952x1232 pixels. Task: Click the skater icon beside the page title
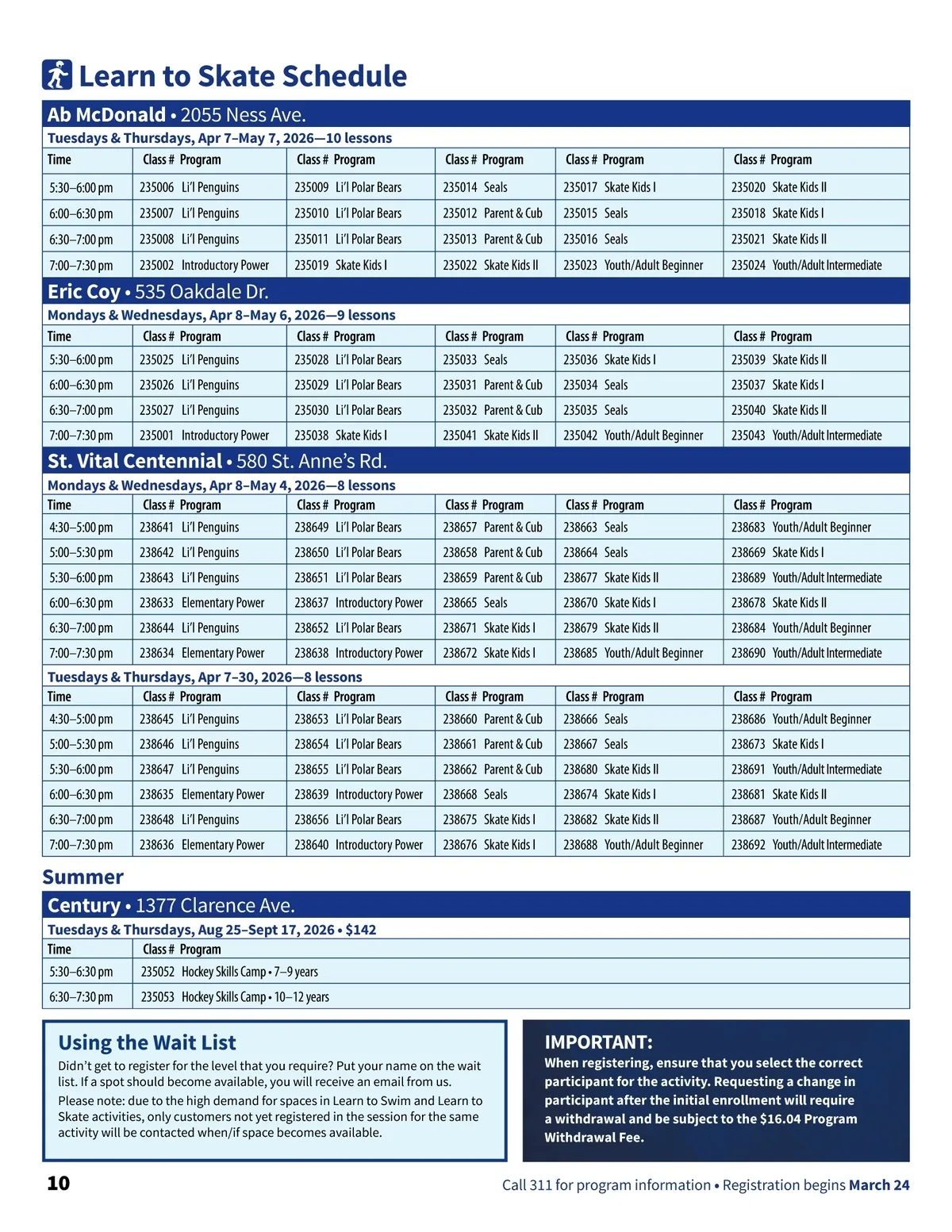click(57, 75)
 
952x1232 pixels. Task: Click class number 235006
click(156, 188)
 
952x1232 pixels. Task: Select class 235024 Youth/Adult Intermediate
click(806, 266)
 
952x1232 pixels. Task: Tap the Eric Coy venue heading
click(83, 292)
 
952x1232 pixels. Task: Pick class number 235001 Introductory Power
click(204, 436)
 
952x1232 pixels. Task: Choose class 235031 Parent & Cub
click(492, 385)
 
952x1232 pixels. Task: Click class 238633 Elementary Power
click(202, 603)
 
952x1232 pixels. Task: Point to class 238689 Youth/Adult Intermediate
click(806, 578)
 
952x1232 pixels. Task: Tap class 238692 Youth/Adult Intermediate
click(806, 845)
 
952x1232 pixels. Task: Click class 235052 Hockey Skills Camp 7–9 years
click(229, 972)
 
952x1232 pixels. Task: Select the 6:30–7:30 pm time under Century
click(81, 997)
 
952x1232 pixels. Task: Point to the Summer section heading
click(83, 877)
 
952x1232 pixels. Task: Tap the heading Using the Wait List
click(147, 1042)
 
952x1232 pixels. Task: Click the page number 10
click(58, 1184)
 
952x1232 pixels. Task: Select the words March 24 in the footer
click(879, 1185)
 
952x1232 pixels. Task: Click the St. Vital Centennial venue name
click(134, 462)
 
